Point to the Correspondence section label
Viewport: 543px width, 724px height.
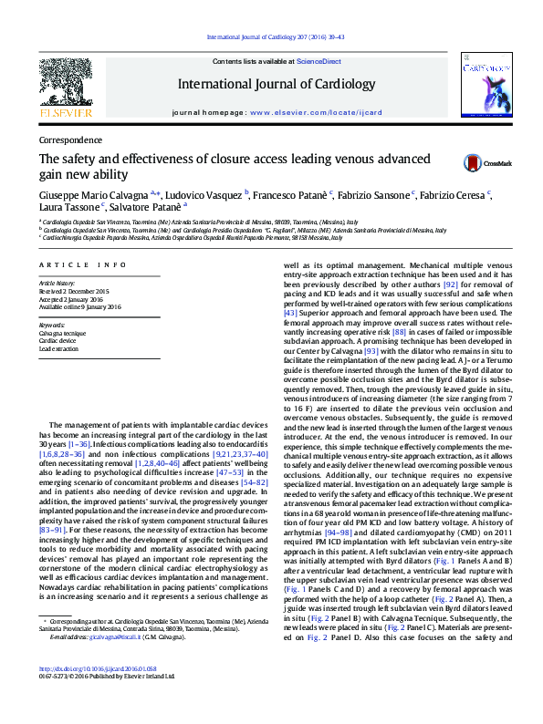70,140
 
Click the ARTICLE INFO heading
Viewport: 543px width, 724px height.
82,264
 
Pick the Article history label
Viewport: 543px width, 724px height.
57,284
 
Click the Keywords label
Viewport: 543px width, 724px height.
52,325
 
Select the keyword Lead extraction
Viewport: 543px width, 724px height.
58,349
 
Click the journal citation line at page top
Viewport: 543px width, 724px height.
276,37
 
